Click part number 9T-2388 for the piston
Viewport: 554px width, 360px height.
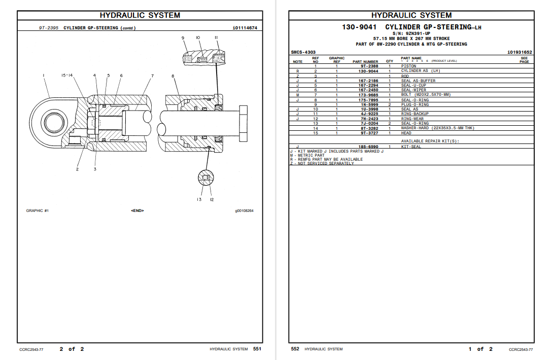coord(369,66)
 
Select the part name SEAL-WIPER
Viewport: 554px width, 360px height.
coord(413,90)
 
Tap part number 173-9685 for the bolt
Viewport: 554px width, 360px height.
coord(369,95)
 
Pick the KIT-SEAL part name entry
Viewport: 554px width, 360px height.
coord(411,147)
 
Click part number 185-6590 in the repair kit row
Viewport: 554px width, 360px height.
coord(369,147)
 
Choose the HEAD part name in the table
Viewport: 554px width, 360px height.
coord(406,133)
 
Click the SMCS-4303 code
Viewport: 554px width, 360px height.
coord(303,52)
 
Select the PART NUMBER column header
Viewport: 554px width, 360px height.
coord(365,61)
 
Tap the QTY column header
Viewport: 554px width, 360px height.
coord(390,61)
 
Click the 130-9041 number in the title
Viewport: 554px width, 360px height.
coord(359,27)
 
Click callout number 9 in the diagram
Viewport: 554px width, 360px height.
coord(183,38)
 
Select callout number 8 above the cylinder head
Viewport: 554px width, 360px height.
coord(173,77)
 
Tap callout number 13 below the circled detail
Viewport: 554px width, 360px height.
coord(199,199)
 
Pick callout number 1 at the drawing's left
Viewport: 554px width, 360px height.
coord(44,76)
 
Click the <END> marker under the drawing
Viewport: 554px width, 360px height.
coord(137,210)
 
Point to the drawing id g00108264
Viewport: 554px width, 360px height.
coord(244,210)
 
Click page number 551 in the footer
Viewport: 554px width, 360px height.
coord(257,349)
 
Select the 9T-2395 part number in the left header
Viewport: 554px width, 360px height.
coord(49,28)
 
